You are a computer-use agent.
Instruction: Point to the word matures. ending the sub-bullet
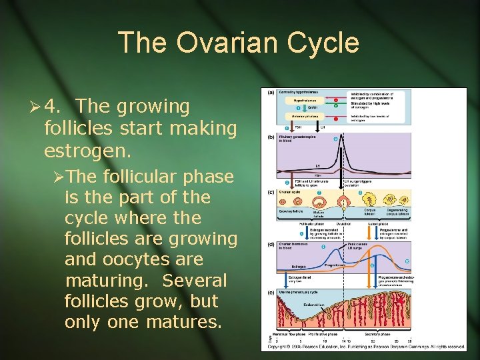[x=179, y=323]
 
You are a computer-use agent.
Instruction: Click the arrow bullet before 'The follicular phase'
[x=59, y=177]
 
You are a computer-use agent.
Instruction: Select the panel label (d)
[x=271, y=244]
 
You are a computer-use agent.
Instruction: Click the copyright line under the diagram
[x=366, y=347]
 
